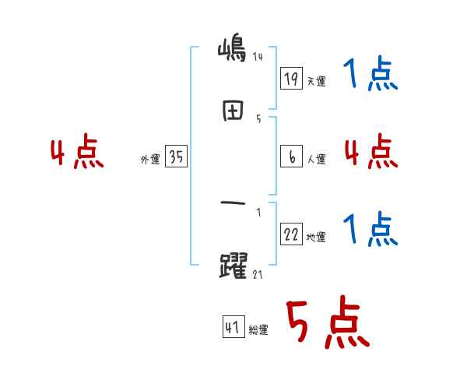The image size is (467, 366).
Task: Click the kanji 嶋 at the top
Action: (232, 51)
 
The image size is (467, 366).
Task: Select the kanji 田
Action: (233, 111)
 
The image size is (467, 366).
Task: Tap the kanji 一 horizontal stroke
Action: (233, 203)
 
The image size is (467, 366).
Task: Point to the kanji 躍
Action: (233, 266)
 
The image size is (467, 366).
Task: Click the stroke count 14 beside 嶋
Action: (258, 56)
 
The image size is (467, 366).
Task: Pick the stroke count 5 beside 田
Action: (258, 119)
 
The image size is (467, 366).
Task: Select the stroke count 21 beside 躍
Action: (258, 274)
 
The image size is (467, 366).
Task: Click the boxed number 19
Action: (291, 78)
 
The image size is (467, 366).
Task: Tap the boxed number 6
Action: (291, 157)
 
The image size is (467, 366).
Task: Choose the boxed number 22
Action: (291, 234)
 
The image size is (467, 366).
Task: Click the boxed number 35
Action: (176, 156)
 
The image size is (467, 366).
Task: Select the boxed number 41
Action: (233, 326)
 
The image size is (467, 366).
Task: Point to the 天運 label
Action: (317, 81)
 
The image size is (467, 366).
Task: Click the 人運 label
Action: (317, 159)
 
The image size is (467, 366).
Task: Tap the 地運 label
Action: (316, 238)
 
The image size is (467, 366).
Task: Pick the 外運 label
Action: (150, 159)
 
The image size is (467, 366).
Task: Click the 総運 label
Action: (258, 330)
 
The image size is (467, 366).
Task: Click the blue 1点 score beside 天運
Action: (370, 73)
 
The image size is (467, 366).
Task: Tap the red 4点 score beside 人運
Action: (371, 151)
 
